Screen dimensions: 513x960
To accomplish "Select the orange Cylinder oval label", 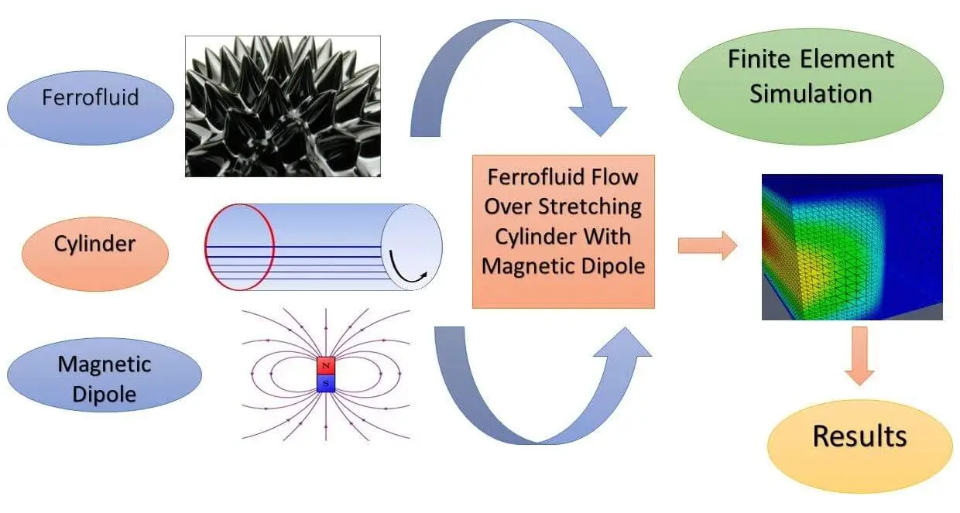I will pyautogui.click(x=95, y=244).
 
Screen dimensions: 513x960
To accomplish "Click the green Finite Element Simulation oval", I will pyautogui.click(x=811, y=77).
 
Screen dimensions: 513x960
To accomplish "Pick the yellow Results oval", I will pyautogui.click(x=859, y=436).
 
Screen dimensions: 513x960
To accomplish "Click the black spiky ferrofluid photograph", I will pyautogui.click(x=283, y=106).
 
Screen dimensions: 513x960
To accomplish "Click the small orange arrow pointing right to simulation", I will pyautogui.click(x=706, y=246).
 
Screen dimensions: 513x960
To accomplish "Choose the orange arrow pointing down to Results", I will pyautogui.click(x=859, y=355).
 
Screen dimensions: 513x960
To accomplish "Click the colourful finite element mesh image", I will pyautogui.click(x=852, y=246).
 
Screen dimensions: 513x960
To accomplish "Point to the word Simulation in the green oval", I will pyautogui.click(x=811, y=94).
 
